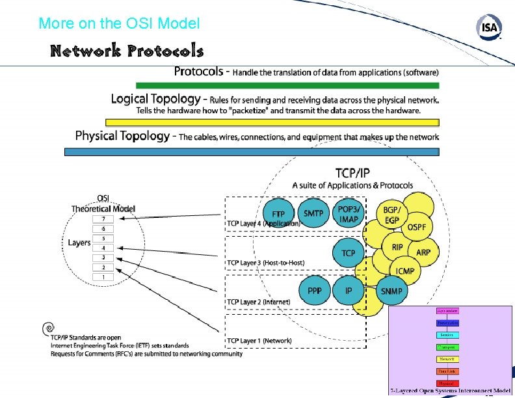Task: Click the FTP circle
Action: [279, 213]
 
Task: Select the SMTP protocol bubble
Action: [315, 213]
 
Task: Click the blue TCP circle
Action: [349, 253]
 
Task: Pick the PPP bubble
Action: [315, 291]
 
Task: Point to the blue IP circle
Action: [349, 291]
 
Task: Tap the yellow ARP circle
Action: [423, 252]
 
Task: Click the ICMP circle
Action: [406, 270]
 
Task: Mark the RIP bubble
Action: [397, 248]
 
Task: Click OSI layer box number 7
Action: [103, 219]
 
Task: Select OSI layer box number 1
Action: [103, 277]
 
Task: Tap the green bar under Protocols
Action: [287, 85]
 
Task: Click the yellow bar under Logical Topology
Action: [272, 122]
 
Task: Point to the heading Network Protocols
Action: [127, 51]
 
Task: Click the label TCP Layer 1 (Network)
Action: [259, 340]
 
